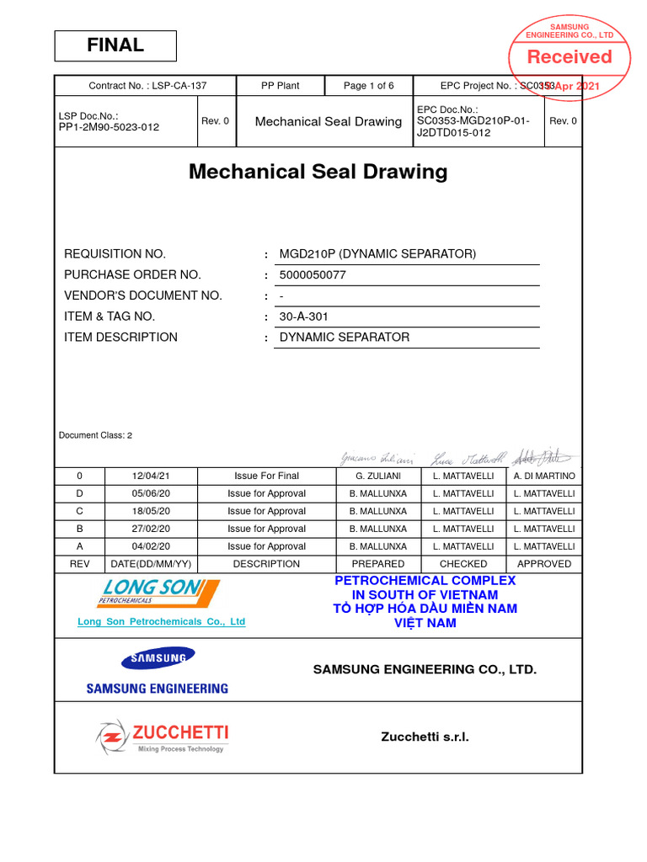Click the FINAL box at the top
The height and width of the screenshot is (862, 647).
(115, 45)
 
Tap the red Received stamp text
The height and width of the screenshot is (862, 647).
(569, 57)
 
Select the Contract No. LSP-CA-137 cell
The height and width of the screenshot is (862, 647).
(147, 86)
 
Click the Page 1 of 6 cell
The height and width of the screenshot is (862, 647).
(368, 86)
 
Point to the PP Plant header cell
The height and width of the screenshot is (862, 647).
(280, 86)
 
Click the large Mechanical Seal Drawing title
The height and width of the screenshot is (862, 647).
(318, 172)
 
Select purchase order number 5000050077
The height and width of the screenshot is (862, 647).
(313, 275)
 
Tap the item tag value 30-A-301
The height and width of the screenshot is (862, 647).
(303, 317)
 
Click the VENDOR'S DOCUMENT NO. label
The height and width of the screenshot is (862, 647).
(143, 295)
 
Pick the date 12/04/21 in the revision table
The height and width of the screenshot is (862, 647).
(150, 476)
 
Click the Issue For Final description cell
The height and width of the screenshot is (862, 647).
(266, 476)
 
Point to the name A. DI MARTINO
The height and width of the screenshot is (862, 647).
(544, 476)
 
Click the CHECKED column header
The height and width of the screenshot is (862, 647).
(463, 564)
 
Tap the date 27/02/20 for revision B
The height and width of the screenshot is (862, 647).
(150, 529)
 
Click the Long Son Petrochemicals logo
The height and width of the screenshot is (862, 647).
(160, 593)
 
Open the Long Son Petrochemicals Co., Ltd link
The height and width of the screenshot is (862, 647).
(161, 622)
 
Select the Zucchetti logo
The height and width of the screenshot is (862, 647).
(162, 737)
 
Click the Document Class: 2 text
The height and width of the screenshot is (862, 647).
(95, 435)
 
